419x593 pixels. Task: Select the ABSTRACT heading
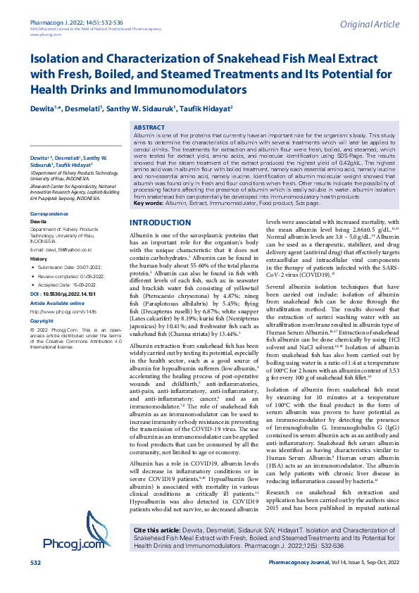pos(149,128)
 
